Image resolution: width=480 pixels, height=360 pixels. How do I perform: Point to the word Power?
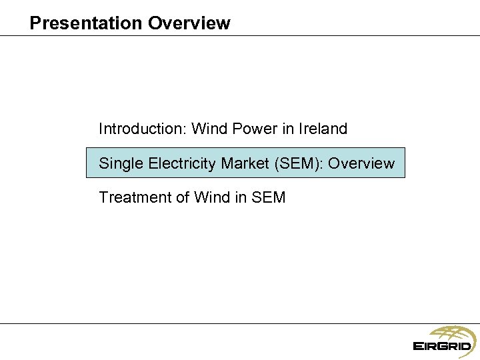pyautogui.click(x=252, y=129)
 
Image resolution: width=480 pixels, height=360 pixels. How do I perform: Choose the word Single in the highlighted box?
pyautogui.click(x=119, y=163)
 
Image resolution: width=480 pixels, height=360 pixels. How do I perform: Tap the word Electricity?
pyautogui.click(x=179, y=163)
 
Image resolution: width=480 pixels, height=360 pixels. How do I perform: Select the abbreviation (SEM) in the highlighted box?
pyautogui.click(x=299, y=163)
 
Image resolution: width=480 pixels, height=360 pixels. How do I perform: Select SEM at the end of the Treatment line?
pyautogui.click(x=269, y=197)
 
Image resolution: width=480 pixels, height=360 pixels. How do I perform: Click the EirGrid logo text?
pyautogui.click(x=442, y=347)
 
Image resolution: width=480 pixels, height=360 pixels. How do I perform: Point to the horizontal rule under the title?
pyautogui.click(x=240, y=35)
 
